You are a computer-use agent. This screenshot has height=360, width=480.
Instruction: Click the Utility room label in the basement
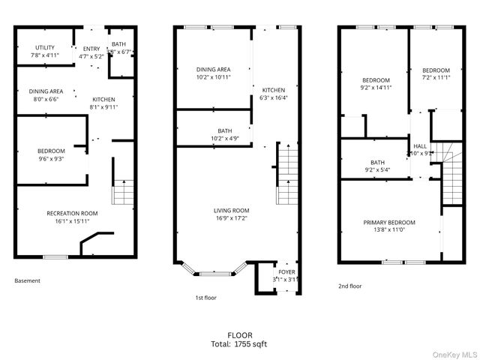(43, 47)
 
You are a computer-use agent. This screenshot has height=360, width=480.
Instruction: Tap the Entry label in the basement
(91, 49)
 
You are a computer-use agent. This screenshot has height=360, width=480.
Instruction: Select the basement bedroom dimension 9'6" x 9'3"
(51, 158)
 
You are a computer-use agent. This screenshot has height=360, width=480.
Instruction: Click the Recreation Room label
(72, 213)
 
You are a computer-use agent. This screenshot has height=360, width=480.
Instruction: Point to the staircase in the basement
(123, 191)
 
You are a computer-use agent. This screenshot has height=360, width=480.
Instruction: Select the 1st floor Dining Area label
(213, 69)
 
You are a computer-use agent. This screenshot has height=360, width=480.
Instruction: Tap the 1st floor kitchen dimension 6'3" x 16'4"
(273, 97)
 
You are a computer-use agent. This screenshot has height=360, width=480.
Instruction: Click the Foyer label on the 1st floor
(286, 271)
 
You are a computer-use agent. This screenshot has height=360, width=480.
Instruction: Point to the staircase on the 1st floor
(287, 174)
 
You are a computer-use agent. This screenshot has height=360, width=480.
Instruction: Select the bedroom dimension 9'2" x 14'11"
(376, 88)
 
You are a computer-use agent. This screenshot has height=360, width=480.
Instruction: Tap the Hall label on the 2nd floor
(419, 145)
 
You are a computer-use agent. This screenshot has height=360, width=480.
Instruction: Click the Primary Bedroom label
(389, 223)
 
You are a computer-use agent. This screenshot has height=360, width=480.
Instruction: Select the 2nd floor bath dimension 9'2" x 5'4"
(376, 169)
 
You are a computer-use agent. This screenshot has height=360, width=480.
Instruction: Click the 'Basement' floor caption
(28, 281)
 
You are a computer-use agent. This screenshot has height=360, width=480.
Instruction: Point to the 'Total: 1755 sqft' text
(240, 344)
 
